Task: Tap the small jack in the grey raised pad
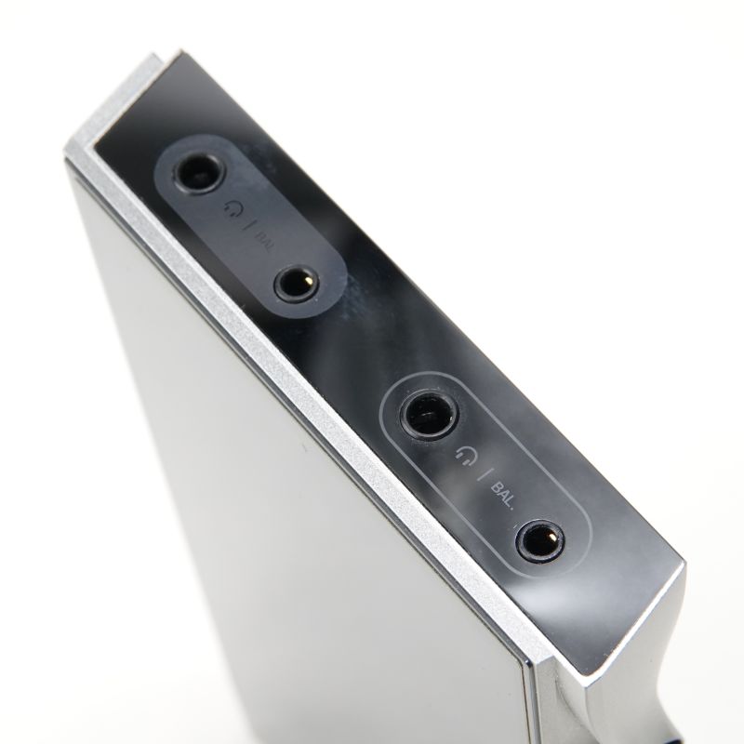tap(298, 284)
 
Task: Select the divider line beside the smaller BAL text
tap(247, 224)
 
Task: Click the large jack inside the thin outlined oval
tap(429, 415)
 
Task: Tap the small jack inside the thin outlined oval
tap(540, 540)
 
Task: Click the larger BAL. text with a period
tap(503, 496)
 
